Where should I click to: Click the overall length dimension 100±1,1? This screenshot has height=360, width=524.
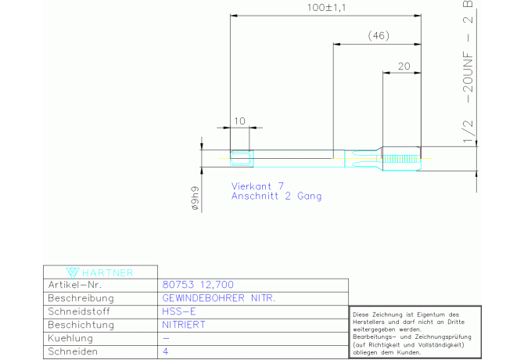click(x=326, y=7)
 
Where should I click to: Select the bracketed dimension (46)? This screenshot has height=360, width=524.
click(x=379, y=35)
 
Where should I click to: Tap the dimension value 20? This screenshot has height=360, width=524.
click(x=404, y=67)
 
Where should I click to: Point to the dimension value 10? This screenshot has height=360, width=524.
click(x=239, y=121)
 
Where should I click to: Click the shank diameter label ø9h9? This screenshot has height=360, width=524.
click(x=196, y=198)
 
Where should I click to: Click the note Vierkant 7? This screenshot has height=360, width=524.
click(x=257, y=185)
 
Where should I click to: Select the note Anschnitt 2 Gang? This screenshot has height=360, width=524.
click(x=276, y=196)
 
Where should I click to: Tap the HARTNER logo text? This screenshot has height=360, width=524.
click(x=108, y=273)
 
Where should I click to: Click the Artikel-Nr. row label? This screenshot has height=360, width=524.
click(x=74, y=285)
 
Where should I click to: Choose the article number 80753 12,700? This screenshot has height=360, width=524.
click(x=198, y=285)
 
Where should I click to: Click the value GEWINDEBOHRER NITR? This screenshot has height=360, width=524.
click(x=219, y=298)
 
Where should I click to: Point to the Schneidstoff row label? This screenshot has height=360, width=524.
click(x=79, y=311)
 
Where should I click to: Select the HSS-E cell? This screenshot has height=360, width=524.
click(x=179, y=311)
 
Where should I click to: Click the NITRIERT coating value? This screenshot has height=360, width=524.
click(x=184, y=325)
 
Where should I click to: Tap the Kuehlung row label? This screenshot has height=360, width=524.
click(x=70, y=338)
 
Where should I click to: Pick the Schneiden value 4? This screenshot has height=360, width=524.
click(x=166, y=351)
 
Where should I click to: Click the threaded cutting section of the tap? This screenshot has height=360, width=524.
click(x=401, y=158)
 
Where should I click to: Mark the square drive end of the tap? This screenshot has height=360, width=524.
click(x=242, y=158)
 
